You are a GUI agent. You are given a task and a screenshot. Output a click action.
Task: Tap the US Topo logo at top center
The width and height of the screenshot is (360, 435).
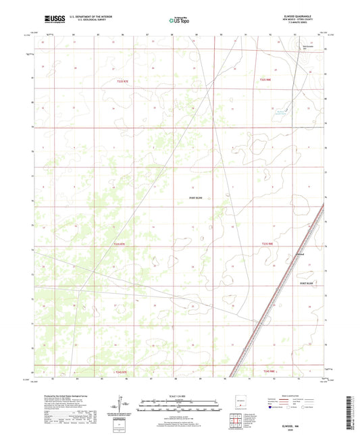[x=180, y=21]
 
